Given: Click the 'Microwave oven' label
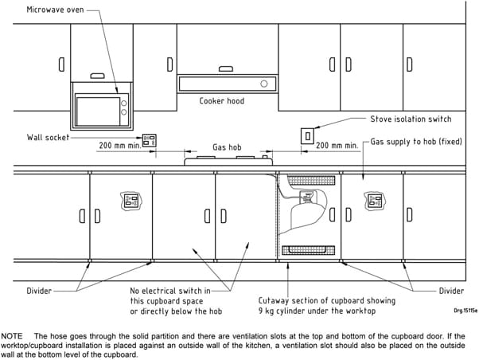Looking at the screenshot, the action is coord(55,10).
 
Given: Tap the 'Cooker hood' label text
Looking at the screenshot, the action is coord(222,101).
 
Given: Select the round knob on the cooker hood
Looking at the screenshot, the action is coord(264,84).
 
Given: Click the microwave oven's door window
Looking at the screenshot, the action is coord(98,112).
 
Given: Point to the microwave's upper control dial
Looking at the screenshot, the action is coord(124,104).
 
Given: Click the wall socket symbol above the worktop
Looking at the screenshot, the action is coord(150,140).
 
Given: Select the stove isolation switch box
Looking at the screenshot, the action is coord(308,136).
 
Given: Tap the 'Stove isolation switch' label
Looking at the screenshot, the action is coord(411,119).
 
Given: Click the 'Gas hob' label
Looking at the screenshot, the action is coord(227,147).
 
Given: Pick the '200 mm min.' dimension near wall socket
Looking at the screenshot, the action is coord(120,145).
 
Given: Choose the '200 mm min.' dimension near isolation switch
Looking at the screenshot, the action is coord(337,145).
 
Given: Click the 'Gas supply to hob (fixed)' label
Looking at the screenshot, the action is coord(416,142).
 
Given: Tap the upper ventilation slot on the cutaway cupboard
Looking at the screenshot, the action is coord(311,181).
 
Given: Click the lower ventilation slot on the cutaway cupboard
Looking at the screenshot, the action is coord(308,250).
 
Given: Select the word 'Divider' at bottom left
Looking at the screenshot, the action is coord(39,291).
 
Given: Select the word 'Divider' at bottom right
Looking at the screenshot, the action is coord(451,291).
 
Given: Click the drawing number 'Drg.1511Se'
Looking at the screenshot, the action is coord(465,311).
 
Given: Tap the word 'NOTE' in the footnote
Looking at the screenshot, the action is coord(12,336).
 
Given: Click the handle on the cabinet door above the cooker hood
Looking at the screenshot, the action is coord(226,68).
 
